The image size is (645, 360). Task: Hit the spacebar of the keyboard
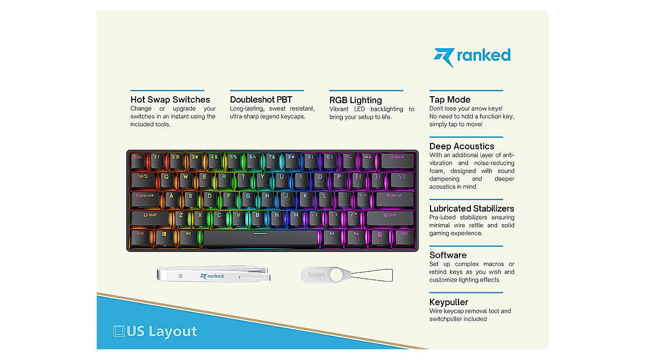tap(260, 236)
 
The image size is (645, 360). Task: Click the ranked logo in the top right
tap(472, 56)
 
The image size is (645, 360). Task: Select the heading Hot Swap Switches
tap(170, 99)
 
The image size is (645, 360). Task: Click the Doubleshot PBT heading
tap(261, 99)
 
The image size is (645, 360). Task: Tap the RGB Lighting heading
tap(355, 100)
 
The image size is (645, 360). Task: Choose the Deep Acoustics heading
tap(461, 146)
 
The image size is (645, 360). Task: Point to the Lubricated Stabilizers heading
tap(471, 208)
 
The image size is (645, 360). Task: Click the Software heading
tap(448, 255)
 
